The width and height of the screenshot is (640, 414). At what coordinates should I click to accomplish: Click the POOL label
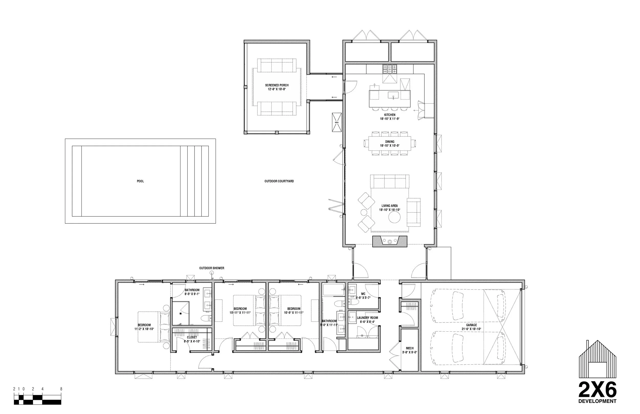point(140,181)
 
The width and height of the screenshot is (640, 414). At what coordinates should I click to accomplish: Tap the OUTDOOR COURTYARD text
point(279,181)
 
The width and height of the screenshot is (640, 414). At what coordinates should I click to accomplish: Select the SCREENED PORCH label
point(277,85)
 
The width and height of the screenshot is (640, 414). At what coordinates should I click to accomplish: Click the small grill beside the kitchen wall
point(337,122)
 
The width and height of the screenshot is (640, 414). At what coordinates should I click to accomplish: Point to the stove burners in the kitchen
point(390,69)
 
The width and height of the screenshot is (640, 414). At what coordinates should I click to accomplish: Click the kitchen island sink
point(393,95)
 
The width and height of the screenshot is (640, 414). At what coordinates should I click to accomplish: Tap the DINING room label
point(390,142)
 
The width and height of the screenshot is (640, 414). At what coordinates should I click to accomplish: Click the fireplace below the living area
point(390,241)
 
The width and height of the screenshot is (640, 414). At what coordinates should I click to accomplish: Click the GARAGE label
point(471,325)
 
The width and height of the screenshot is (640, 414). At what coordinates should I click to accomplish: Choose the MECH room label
point(410,348)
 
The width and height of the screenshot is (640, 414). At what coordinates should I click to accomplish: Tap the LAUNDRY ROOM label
point(367,318)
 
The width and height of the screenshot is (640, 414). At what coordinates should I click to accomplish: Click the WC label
point(363,294)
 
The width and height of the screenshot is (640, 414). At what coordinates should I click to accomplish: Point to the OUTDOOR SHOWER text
point(212,268)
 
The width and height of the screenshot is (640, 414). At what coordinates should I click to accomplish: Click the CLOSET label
point(192,337)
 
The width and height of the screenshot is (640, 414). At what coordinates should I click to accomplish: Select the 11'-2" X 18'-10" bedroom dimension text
point(144,329)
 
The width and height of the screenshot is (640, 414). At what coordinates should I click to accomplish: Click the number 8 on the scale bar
point(61,389)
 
